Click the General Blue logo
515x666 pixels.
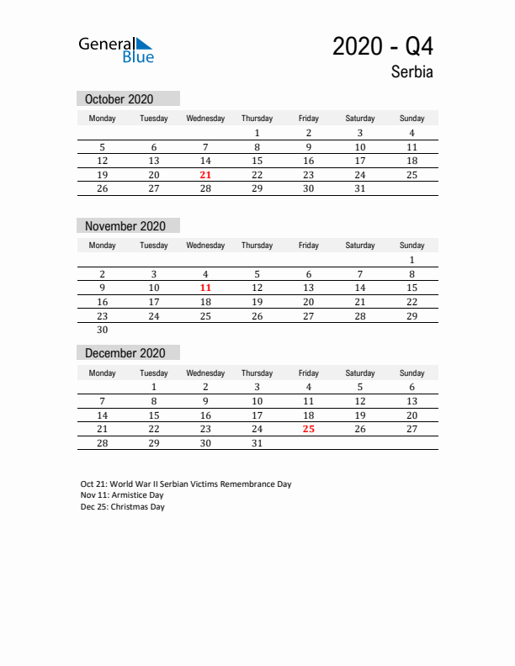116,49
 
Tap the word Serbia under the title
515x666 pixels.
411,72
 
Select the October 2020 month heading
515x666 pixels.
119,99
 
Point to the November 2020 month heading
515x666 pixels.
125,226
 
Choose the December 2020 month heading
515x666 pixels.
125,353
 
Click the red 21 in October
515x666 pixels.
205,175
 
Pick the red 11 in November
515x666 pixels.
205,288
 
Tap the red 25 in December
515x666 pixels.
308,429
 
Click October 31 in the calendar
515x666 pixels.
359,188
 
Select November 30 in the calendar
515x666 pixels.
103,330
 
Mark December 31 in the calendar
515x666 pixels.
257,442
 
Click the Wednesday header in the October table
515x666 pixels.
205,119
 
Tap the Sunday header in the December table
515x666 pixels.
411,373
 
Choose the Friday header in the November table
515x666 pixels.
308,246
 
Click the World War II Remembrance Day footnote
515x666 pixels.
186,484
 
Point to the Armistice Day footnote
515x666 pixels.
123,496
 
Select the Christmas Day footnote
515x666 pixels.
123,507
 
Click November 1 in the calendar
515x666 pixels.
411,260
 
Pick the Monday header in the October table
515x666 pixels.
103,119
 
